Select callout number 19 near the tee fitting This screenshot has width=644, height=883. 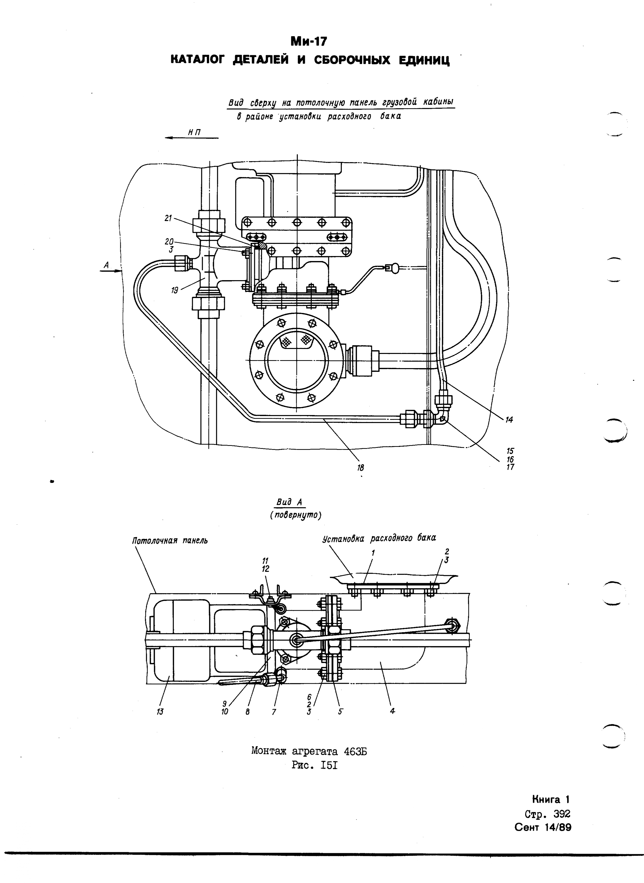pos(175,290)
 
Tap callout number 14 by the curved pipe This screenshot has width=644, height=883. pos(509,420)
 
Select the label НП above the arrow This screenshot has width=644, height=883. pos(194,132)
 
